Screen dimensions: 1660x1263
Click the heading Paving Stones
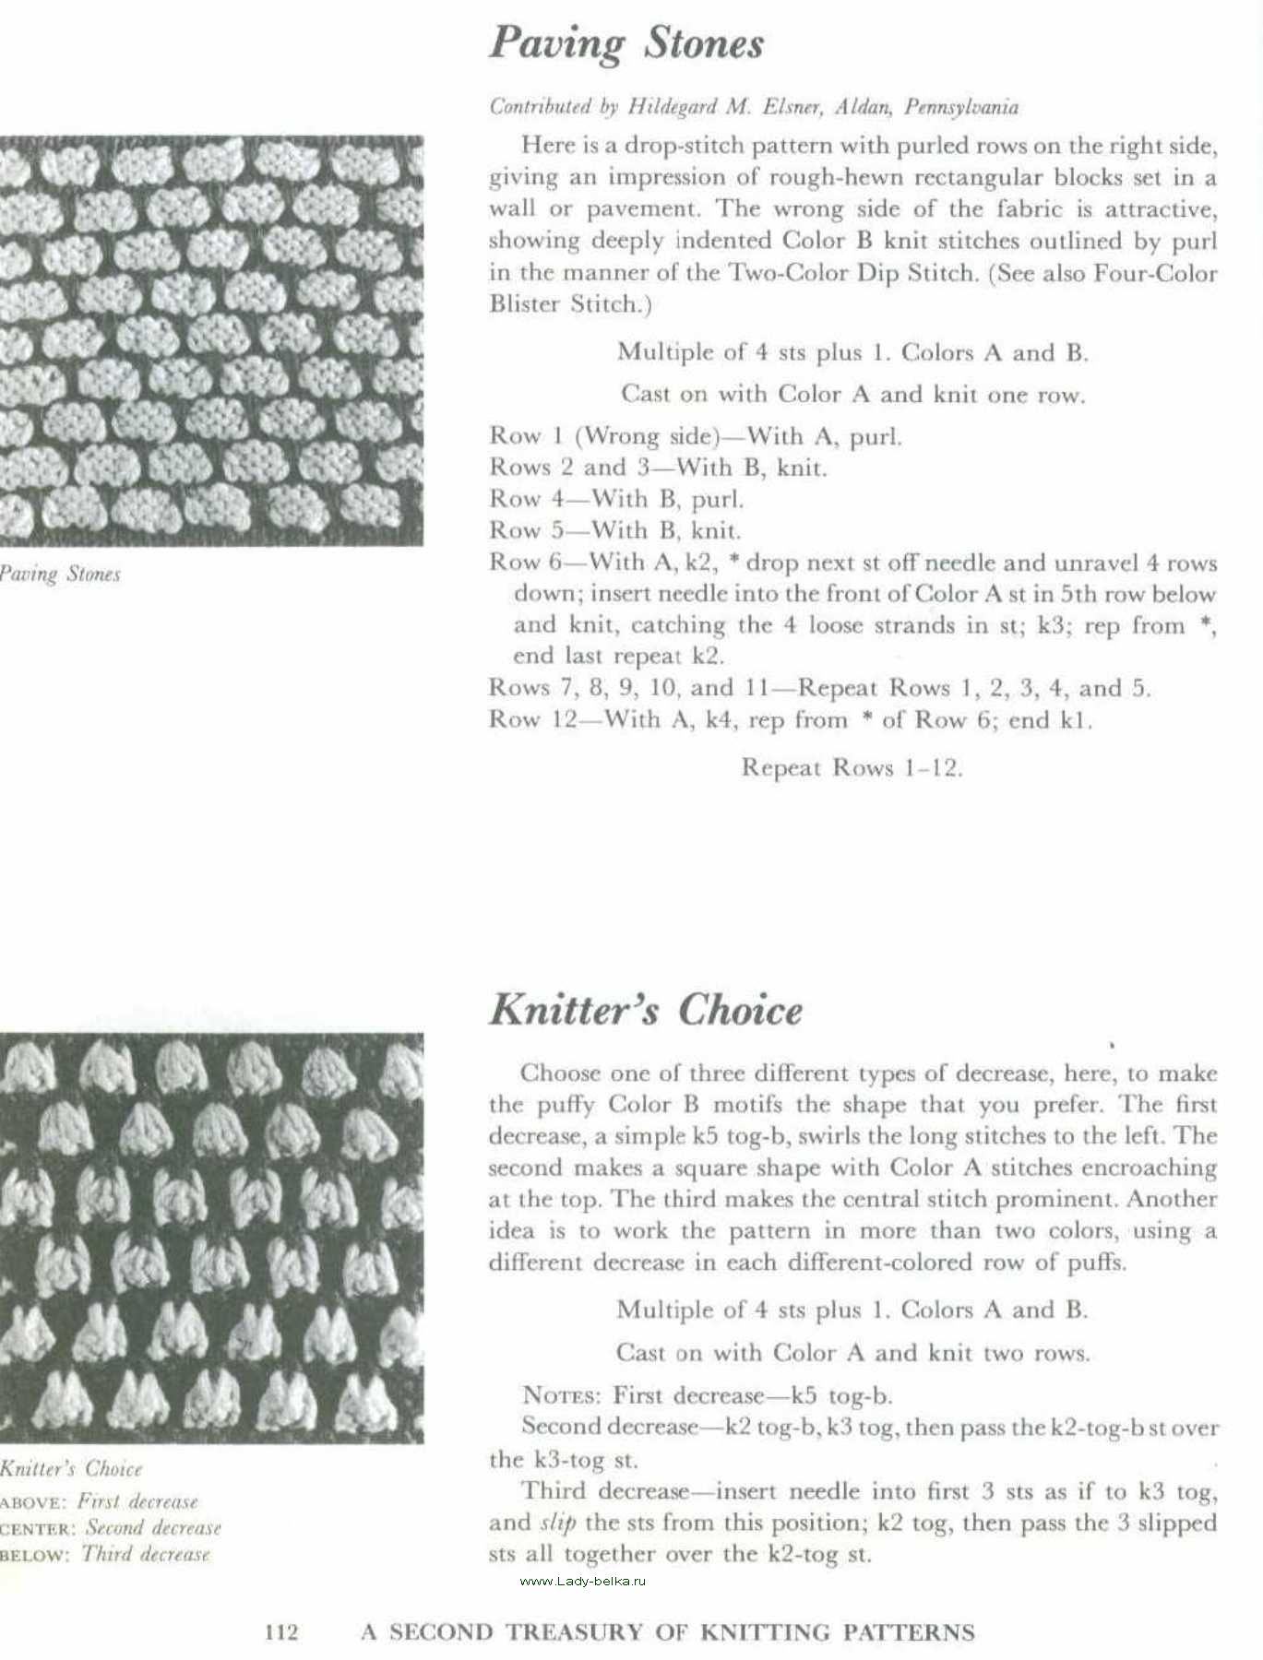[626, 43]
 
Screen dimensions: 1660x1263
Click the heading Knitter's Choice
[646, 1010]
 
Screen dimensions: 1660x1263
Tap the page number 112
[281, 1632]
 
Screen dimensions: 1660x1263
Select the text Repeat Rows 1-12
[852, 768]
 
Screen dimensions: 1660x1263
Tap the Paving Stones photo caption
[60, 574]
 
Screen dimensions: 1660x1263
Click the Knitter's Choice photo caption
[71, 1468]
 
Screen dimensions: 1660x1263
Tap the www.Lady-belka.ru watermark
[583, 1581]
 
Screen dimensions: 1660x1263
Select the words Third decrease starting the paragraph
[604, 1491]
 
